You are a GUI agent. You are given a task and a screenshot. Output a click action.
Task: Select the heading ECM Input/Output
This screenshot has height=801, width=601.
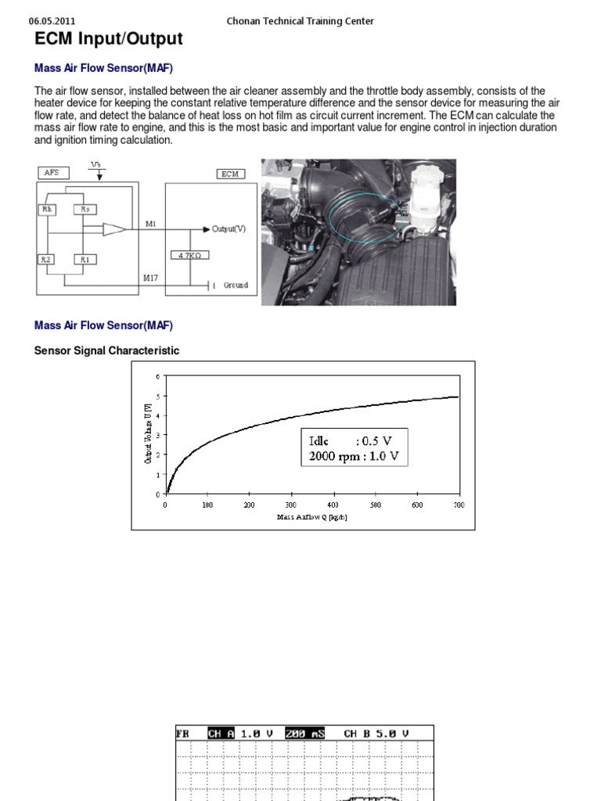tap(109, 39)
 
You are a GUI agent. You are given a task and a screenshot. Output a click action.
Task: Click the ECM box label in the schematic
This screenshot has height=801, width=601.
tap(229, 174)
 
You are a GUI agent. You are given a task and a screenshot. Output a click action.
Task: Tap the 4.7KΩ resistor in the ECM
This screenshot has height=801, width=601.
tap(189, 255)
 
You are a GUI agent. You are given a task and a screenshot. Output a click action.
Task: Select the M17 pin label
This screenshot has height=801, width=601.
tap(151, 278)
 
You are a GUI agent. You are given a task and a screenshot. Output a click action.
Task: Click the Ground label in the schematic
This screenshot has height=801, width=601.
tap(236, 286)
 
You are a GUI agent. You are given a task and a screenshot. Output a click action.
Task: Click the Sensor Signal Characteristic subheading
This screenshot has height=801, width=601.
tap(106, 350)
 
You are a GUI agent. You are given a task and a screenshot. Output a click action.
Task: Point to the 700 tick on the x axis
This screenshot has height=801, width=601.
tap(459, 505)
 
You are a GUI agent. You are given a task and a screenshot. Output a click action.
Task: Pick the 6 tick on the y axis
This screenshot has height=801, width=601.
tap(157, 376)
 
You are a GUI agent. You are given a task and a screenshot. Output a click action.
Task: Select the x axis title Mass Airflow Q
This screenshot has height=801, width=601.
tap(311, 518)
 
